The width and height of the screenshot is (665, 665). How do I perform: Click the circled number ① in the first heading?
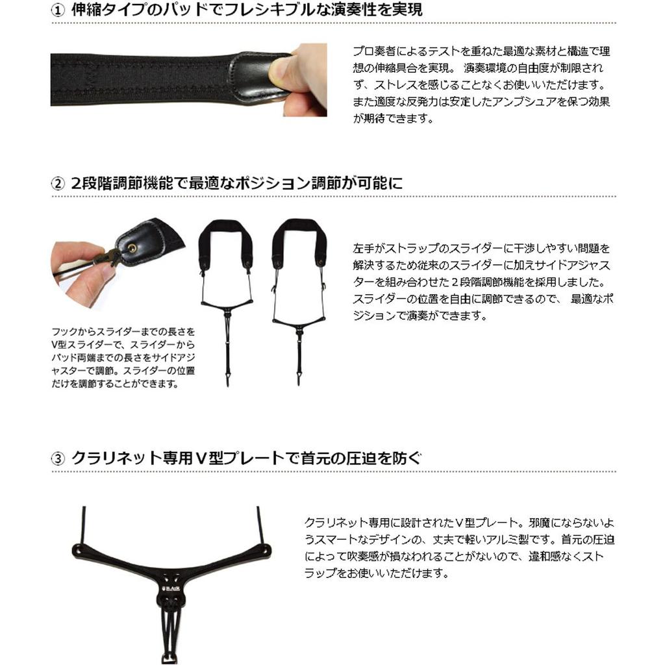point(58,10)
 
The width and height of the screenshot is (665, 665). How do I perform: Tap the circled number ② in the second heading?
point(58,184)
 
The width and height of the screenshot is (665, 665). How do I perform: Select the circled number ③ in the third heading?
point(58,459)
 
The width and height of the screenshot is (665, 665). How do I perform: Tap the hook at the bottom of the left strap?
point(228,377)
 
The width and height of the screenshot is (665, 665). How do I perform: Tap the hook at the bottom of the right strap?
point(299,377)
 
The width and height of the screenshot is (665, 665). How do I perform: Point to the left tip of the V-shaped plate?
point(77,549)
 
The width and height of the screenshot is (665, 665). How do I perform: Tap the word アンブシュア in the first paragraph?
point(516,102)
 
